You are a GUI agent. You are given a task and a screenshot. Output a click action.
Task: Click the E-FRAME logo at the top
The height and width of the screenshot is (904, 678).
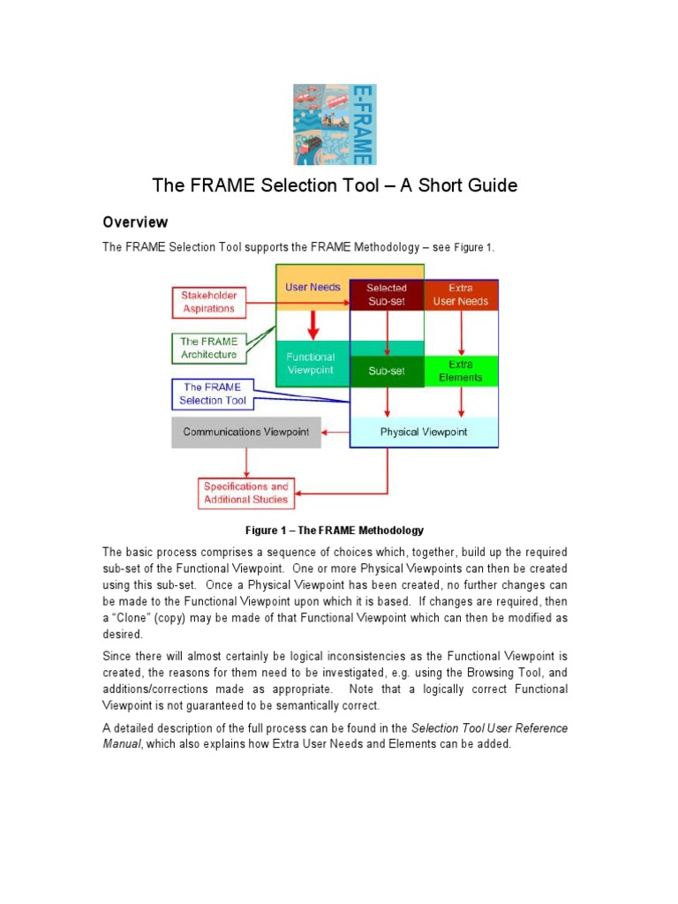[335, 124]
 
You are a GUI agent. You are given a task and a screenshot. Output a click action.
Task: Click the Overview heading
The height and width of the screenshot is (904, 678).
[135, 222]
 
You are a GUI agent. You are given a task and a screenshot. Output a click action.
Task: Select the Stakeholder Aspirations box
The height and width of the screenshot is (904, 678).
[208, 302]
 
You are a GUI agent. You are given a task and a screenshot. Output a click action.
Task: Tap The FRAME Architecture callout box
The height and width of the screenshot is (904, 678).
[208, 348]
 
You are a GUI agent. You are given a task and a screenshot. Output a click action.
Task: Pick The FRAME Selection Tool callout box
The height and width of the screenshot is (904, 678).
[213, 394]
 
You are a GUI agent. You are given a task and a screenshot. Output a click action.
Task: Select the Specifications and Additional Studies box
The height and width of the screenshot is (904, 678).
[246, 493]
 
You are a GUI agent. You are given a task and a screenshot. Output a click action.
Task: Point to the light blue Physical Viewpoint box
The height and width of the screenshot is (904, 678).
[424, 432]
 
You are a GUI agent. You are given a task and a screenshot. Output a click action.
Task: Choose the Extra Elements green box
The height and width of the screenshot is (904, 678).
[460, 371]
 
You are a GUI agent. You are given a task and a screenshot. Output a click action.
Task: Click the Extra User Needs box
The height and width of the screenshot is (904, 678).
[460, 295]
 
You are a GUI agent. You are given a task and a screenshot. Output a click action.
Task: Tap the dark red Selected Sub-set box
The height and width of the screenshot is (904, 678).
[387, 295]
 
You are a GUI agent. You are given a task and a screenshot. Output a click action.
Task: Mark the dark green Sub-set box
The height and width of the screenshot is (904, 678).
[387, 372]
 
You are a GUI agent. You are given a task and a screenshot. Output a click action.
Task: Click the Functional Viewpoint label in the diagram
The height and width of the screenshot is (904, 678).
[310, 364]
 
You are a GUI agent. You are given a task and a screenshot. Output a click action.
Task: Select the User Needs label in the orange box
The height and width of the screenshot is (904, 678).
[313, 287]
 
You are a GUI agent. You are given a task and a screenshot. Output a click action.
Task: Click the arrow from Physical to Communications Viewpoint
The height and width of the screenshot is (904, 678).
[335, 432]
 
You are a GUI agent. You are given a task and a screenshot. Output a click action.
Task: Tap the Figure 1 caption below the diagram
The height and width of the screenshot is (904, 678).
[334, 531]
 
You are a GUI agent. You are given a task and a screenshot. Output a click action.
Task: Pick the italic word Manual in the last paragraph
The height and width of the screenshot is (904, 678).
[121, 744]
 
